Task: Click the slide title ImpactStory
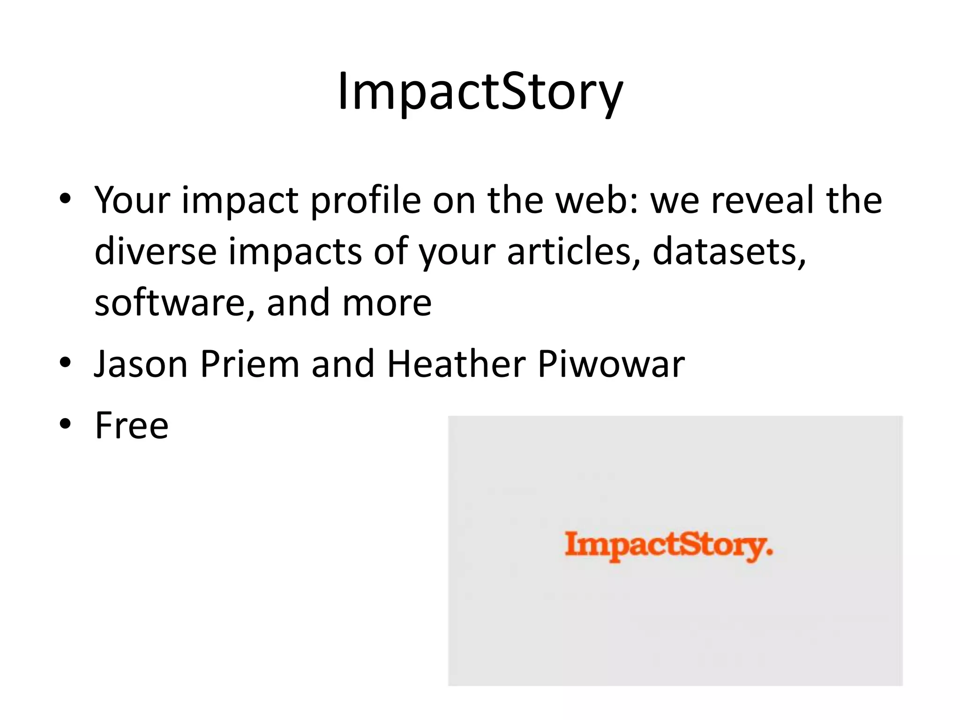pyautogui.click(x=480, y=91)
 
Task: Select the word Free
pyautogui.click(x=131, y=425)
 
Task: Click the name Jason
pyautogui.click(x=141, y=364)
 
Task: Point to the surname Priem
pyautogui.click(x=250, y=364)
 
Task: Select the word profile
pyautogui.click(x=366, y=200)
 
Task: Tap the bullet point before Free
pyautogui.click(x=65, y=424)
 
